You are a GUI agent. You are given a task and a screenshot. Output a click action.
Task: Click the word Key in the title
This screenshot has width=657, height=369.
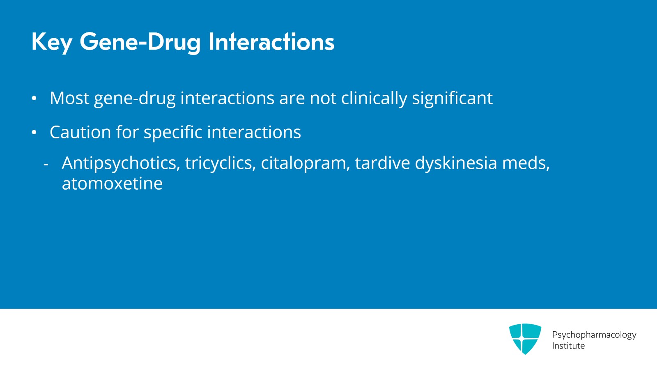tap(52, 42)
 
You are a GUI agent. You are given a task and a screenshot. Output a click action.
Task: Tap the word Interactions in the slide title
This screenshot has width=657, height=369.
tap(271, 41)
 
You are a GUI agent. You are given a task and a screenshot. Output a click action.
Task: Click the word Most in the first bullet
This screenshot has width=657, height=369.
tap(69, 98)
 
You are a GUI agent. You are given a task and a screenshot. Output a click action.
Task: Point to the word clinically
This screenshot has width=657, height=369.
tap(374, 99)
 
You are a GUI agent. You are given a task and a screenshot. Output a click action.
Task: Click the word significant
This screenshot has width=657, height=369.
tap(452, 99)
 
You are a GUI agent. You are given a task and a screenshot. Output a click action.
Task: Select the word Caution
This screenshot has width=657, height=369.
tap(80, 132)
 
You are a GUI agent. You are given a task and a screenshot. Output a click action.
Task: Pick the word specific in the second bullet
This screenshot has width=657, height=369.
tap(173, 133)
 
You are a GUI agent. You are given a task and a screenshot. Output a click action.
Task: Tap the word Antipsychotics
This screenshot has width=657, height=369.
tap(121, 163)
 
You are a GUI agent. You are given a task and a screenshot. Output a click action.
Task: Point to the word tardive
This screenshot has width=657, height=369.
tap(382, 163)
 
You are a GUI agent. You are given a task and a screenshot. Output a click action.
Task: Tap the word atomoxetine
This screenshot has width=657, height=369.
tap(113, 184)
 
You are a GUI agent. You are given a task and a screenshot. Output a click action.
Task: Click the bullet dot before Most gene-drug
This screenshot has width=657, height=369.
tap(34, 99)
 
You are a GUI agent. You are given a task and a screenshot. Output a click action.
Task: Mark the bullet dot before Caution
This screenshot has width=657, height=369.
tap(34, 133)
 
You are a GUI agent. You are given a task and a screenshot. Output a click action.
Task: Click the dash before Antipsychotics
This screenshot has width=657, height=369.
tap(46, 165)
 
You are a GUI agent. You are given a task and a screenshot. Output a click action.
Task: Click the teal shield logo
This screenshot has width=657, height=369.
tap(525, 339)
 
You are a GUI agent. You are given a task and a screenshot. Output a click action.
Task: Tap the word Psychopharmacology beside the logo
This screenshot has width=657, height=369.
tap(594, 335)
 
